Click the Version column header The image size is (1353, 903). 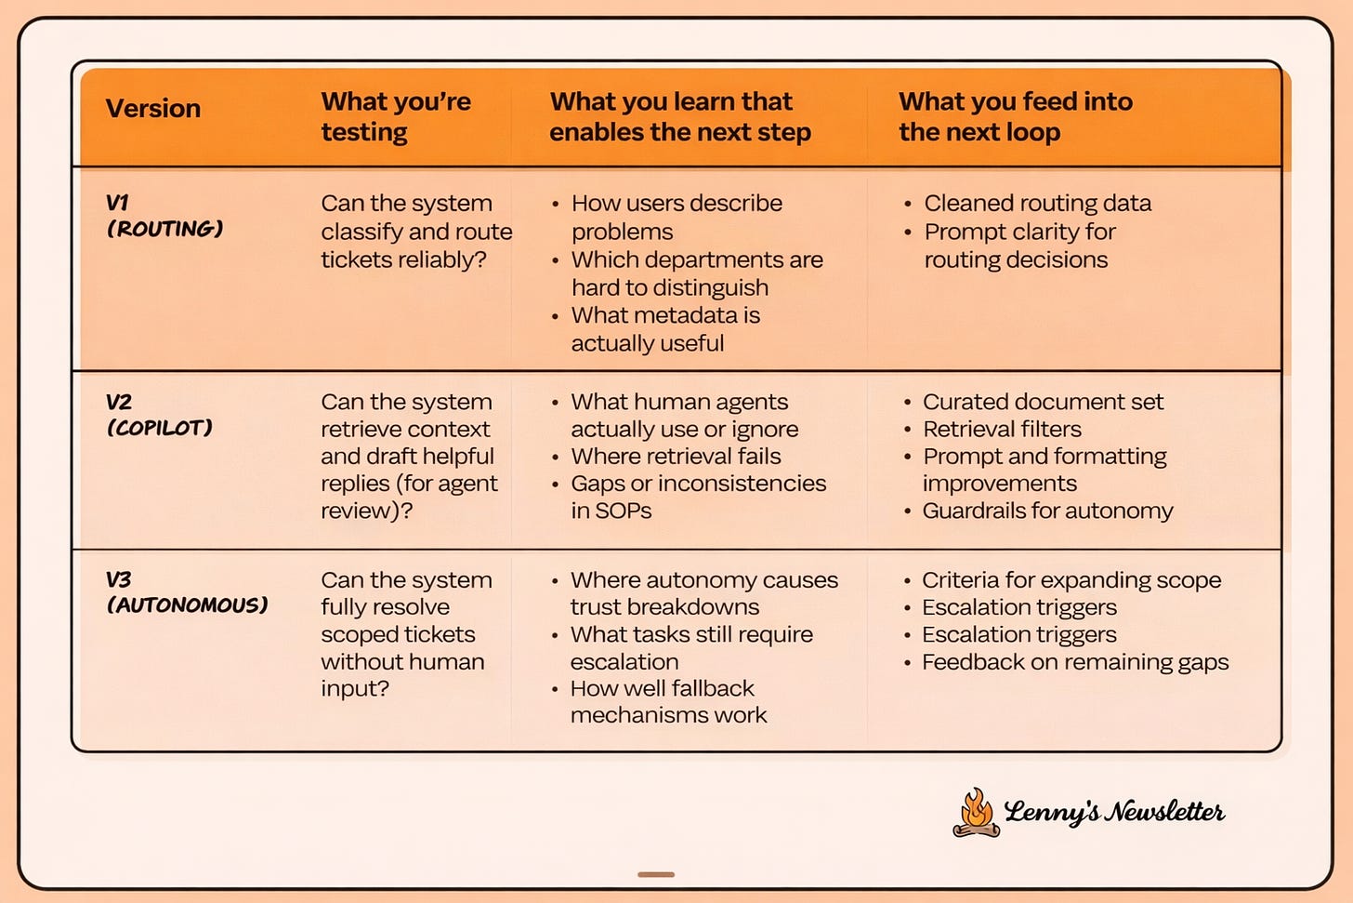pos(153,109)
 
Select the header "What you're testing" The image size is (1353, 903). pos(396,116)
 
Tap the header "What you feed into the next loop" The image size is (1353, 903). pos(1015,116)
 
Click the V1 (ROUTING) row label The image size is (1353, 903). pos(164,216)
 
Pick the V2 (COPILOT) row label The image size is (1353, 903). pos(159,415)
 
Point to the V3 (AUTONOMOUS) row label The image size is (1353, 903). pos(187,592)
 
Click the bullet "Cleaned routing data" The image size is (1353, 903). pos(1037,204)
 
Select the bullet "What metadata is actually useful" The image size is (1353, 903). pos(664,329)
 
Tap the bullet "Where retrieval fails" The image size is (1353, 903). pos(676,457)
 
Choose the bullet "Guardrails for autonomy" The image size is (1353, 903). pos(1047,511)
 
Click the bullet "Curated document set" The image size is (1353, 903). pos(1043,402)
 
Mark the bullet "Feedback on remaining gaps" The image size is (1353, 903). pos(1074,662)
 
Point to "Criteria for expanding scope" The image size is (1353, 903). pos(1071,580)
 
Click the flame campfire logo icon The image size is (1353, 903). pos(976,813)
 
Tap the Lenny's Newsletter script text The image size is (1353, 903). pos(1114,812)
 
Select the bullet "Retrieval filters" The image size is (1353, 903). pos(1002,429)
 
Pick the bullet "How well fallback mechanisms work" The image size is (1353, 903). pos(668,702)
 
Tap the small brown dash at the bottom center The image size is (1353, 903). pos(656,874)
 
